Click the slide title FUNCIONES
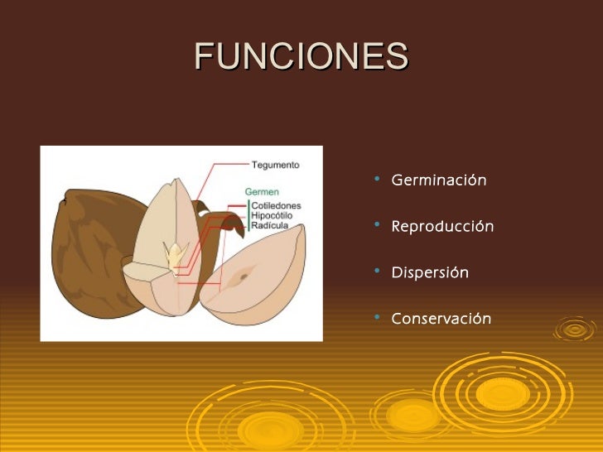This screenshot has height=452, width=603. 301,56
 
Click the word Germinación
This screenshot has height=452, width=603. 438,180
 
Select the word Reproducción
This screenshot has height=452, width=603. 442,226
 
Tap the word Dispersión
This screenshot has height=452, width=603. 430,272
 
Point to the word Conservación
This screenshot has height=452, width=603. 441,319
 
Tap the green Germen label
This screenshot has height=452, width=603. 262,192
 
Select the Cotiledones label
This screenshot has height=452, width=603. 276,205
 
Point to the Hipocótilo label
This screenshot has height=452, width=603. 274,215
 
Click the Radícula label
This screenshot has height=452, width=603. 270,225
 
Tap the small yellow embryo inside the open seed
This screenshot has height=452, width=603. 176,254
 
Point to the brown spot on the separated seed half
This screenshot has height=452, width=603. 241,276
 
